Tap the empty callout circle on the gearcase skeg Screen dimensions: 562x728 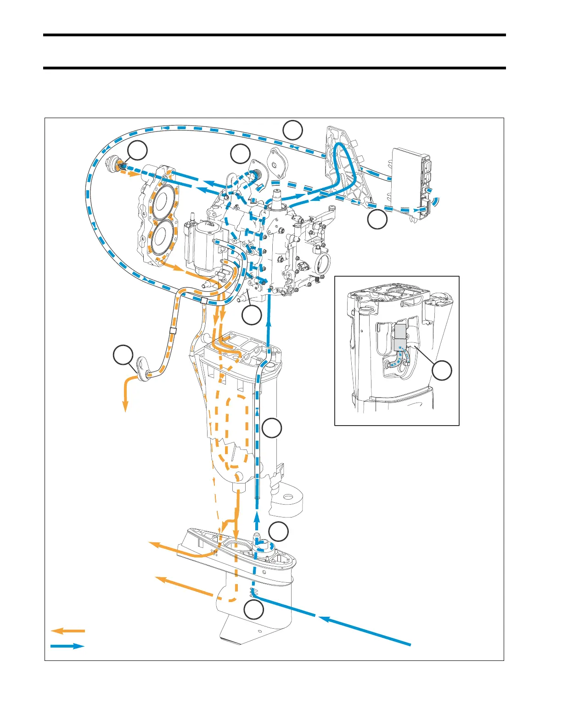click(253, 610)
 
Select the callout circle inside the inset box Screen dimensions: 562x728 click(443, 370)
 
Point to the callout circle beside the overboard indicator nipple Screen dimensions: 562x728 click(123, 356)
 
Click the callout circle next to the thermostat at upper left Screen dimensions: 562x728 click(138, 151)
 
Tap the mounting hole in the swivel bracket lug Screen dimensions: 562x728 click(287, 497)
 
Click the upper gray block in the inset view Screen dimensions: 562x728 click(400, 331)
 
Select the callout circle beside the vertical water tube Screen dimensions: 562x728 click(272, 428)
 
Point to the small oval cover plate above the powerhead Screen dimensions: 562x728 click(277, 159)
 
